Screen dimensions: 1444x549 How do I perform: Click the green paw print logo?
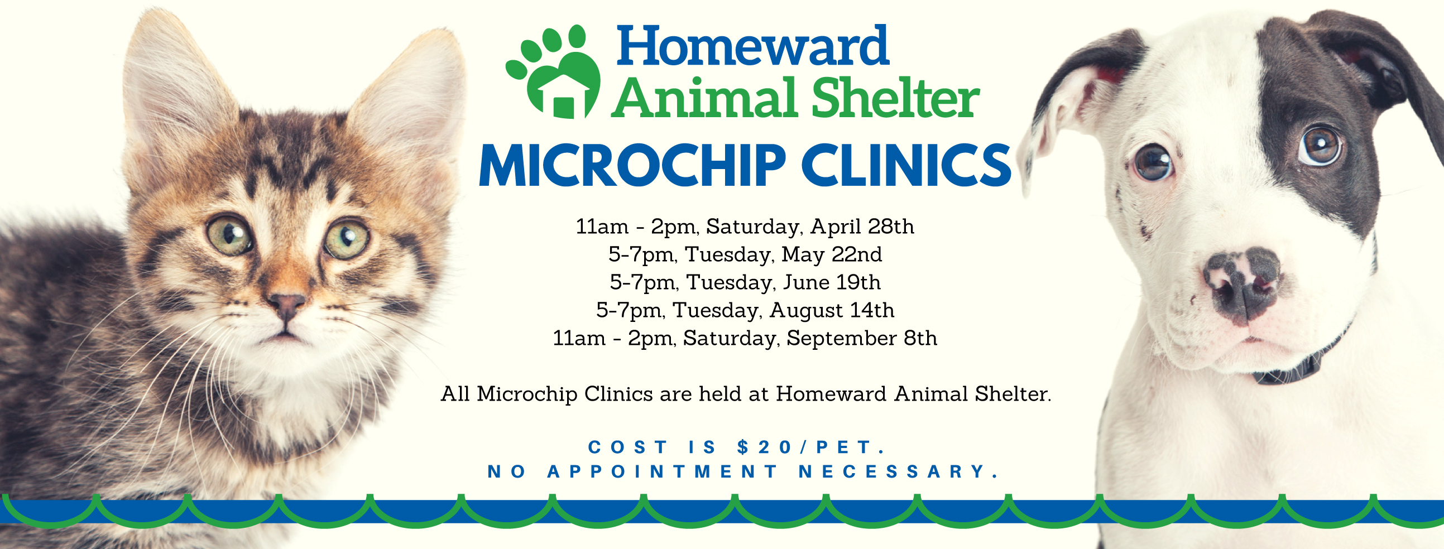553,72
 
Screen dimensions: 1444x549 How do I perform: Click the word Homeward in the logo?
752,45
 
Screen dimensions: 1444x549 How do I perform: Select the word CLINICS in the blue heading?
906,165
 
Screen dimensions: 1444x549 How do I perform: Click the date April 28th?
862,227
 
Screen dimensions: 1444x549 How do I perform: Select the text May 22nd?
832,255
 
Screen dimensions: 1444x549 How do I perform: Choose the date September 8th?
862,338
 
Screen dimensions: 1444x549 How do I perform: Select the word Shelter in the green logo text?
895,98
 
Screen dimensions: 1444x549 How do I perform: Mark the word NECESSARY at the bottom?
899,471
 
